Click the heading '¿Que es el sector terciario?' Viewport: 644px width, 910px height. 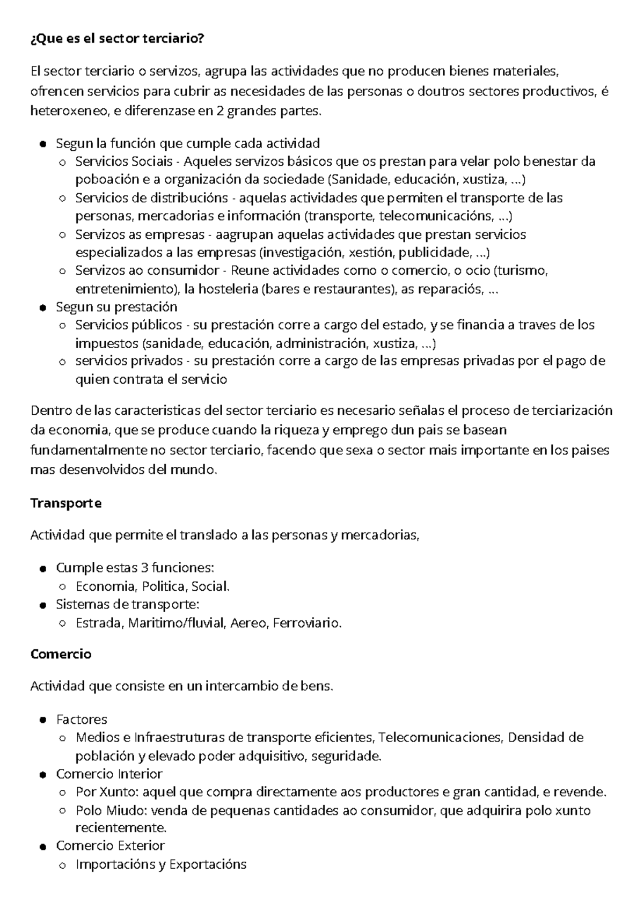[118, 39]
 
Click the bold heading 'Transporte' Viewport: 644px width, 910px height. [66, 503]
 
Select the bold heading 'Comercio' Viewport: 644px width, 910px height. [61, 654]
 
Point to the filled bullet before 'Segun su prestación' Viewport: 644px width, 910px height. [43, 307]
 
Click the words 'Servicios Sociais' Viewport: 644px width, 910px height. [124, 162]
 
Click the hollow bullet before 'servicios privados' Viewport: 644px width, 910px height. [63, 362]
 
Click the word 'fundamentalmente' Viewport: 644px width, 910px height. [89, 451]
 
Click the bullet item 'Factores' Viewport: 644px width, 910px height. [82, 719]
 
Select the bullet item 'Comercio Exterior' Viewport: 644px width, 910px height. [110, 846]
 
